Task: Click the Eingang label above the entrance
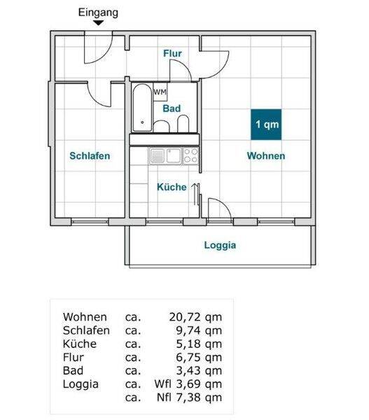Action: coord(98,13)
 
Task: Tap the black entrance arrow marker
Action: coord(98,23)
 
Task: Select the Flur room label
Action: coord(172,53)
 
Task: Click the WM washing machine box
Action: coord(160,92)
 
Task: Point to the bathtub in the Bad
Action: coord(142,108)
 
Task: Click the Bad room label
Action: coord(172,108)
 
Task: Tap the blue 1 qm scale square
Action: coord(266,125)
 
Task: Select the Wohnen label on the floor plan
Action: coord(266,155)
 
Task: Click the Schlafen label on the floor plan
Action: coord(90,155)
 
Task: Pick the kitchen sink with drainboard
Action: coord(166,156)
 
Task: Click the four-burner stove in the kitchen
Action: coord(190,156)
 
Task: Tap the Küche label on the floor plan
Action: coord(172,187)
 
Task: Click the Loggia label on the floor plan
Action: coord(220,245)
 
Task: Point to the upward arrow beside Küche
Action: coord(195,195)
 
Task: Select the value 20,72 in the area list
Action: coord(185,317)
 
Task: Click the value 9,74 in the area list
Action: coord(188,330)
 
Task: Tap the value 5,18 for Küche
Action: coord(188,344)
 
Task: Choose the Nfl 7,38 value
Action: coord(189,398)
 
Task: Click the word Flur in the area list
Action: coord(73,357)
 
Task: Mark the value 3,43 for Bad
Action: coord(188,371)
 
